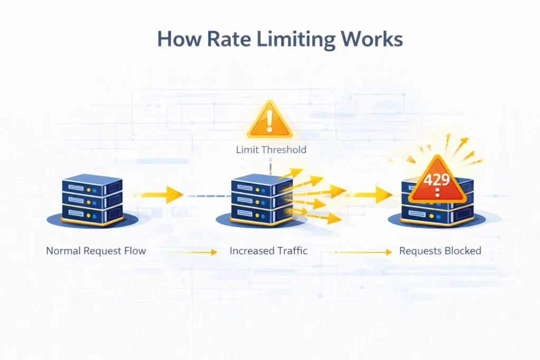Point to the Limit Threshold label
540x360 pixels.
271,150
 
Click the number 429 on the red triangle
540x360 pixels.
436,179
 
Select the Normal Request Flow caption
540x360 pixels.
96,250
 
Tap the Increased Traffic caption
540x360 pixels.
268,250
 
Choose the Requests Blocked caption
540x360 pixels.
440,250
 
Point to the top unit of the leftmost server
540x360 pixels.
93,186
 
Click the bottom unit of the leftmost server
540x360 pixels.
93,213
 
